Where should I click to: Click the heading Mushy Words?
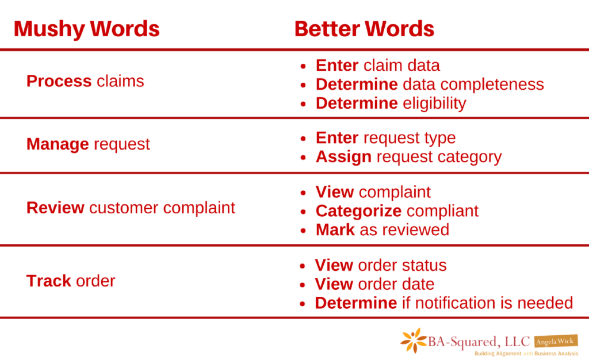click(87, 29)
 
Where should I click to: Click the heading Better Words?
click(364, 29)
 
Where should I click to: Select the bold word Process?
click(59, 81)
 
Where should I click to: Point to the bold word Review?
click(55, 208)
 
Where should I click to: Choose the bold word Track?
click(48, 281)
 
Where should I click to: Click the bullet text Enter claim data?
click(377, 66)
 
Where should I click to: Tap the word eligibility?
click(434, 104)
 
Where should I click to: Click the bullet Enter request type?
click(385, 138)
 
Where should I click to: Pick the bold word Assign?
click(344, 157)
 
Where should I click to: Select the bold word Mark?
click(335, 229)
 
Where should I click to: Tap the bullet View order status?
click(381, 266)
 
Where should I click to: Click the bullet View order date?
click(374, 284)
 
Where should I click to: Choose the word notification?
click(452, 303)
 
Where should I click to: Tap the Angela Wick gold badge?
click(556, 341)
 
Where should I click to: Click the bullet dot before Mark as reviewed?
click(303, 231)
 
